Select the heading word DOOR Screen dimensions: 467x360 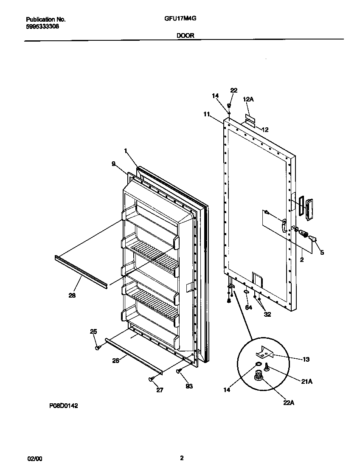point(185,36)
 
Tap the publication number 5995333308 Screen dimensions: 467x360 point(42,26)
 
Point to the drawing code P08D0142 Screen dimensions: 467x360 point(64,406)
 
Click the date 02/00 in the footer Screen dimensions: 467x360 point(35,459)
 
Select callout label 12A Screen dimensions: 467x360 point(248,99)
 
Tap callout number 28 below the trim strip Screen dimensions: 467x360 point(72,295)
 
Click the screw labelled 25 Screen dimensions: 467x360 point(98,347)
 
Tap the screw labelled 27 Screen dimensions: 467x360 point(151,379)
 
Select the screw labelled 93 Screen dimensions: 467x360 point(178,371)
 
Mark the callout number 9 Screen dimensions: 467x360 point(114,163)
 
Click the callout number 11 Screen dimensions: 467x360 point(206,115)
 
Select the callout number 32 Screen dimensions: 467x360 point(267,315)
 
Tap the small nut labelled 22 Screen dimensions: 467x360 point(229,105)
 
